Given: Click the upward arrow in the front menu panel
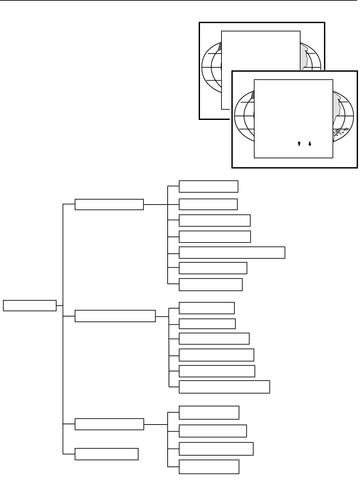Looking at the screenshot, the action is [x=299, y=144].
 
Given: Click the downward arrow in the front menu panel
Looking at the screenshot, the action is [x=310, y=144].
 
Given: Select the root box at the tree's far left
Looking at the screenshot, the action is [x=29, y=306].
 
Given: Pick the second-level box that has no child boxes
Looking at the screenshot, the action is [x=106, y=454].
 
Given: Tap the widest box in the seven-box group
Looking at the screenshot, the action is [x=232, y=252].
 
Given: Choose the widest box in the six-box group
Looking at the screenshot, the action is [x=224, y=387].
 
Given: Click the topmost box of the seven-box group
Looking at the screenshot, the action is [x=208, y=186].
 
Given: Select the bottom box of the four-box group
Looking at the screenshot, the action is [x=209, y=467].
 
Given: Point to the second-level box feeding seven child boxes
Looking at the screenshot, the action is [x=109, y=205].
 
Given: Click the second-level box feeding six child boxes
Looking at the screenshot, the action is [x=115, y=316].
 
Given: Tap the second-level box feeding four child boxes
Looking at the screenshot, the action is [x=109, y=424].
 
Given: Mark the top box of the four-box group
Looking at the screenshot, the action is [x=209, y=413].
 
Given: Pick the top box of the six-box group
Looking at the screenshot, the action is [x=207, y=308].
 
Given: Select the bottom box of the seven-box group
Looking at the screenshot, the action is [x=211, y=284].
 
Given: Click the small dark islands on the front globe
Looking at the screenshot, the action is [x=340, y=131].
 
